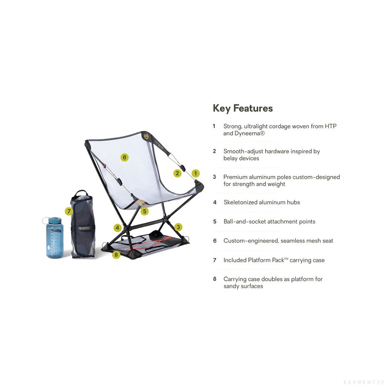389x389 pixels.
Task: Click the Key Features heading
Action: (x=243, y=109)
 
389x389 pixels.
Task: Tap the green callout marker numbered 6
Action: (x=124, y=157)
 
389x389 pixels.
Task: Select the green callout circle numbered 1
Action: (x=196, y=173)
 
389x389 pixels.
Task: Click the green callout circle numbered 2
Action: (x=177, y=173)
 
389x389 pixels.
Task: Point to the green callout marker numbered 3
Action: (x=178, y=227)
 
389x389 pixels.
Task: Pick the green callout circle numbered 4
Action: (x=117, y=228)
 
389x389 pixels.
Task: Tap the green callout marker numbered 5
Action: (x=144, y=211)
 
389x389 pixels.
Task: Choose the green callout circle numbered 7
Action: (x=69, y=211)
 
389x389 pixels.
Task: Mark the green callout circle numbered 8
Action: (x=116, y=254)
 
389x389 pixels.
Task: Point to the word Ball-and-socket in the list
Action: (x=241, y=222)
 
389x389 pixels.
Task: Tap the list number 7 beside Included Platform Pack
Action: (x=215, y=260)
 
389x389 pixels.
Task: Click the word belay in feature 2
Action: (x=230, y=158)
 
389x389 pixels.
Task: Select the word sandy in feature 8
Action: (x=231, y=286)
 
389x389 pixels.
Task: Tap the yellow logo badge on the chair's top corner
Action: (x=145, y=136)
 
